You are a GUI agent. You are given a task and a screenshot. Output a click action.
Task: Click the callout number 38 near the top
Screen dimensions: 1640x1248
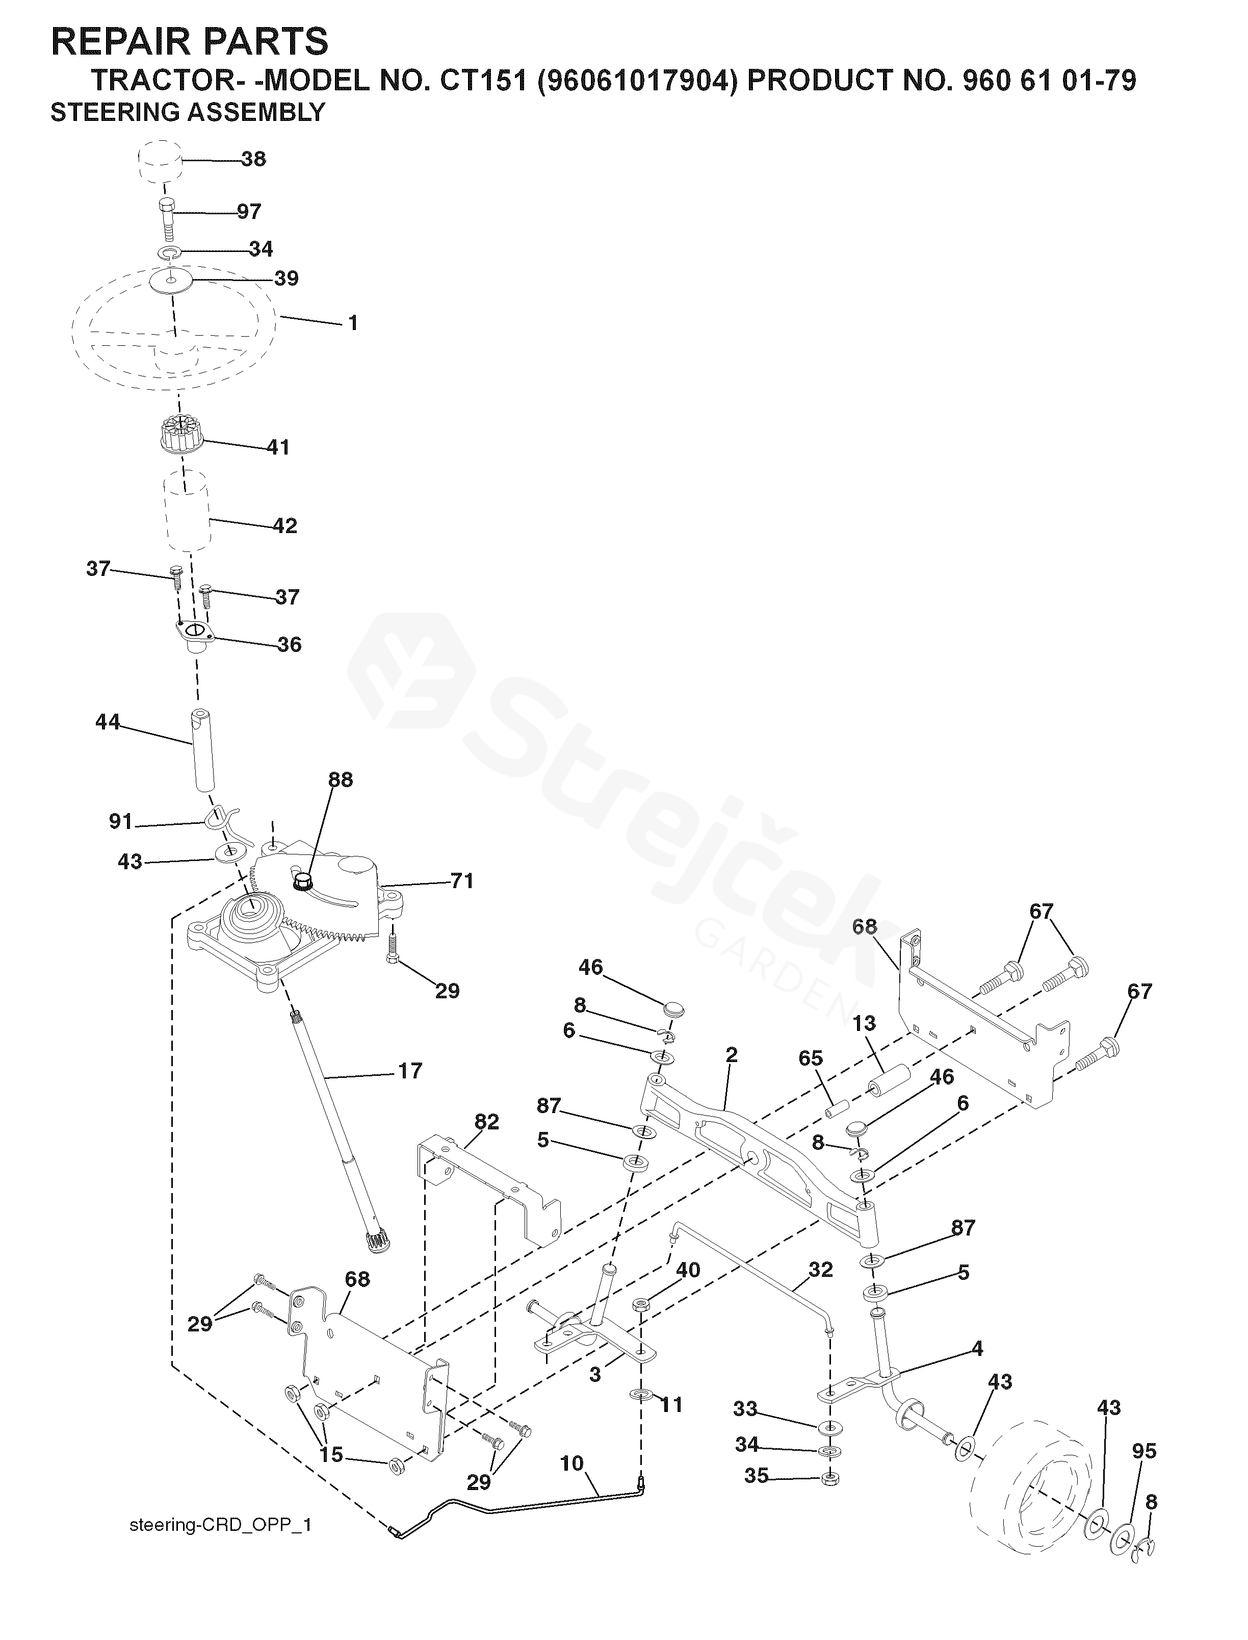(253, 159)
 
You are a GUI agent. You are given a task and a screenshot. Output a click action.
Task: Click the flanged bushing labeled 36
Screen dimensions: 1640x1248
(195, 636)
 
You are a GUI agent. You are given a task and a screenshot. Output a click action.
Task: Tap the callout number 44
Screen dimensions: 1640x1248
(108, 721)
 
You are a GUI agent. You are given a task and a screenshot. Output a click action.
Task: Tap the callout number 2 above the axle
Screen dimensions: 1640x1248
(731, 1054)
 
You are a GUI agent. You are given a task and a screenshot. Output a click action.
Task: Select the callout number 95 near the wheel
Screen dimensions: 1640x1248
(1144, 1451)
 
